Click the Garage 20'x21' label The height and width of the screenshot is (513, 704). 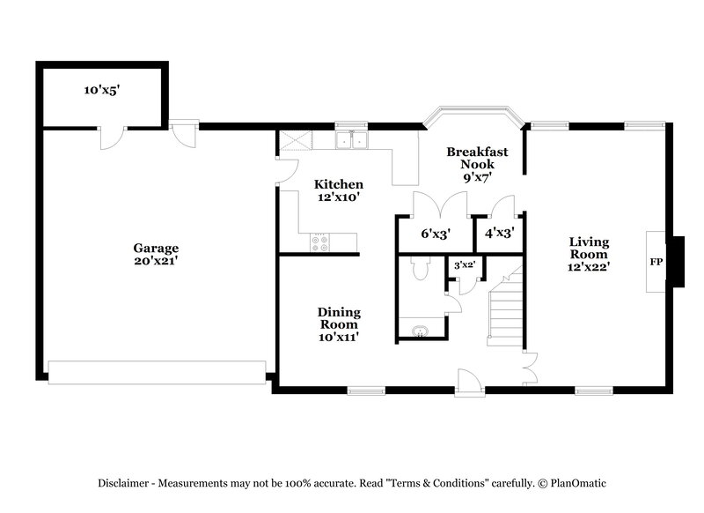point(156,254)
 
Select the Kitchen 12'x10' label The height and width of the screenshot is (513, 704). point(339,190)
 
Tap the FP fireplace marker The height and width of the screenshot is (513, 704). point(656,262)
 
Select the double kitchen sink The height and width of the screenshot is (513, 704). point(351,141)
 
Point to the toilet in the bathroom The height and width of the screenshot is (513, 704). point(421,267)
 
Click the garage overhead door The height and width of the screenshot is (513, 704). point(157,372)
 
